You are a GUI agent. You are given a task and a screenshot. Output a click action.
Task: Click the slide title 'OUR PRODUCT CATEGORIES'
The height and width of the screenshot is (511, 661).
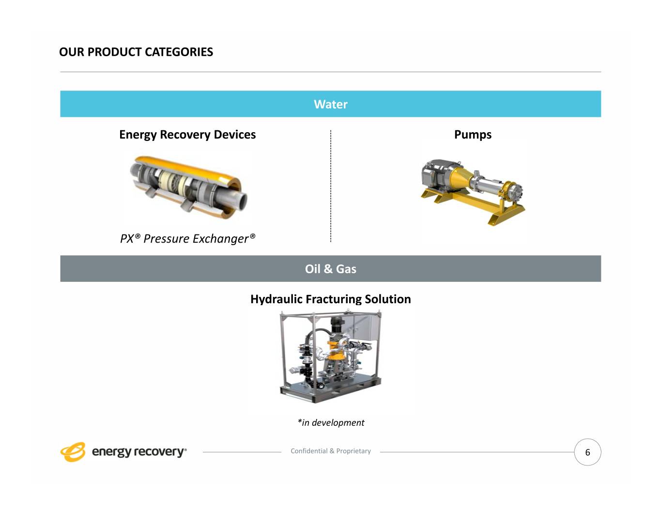coord(136,52)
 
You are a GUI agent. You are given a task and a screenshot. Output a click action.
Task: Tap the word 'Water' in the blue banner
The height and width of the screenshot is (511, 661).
coord(330,104)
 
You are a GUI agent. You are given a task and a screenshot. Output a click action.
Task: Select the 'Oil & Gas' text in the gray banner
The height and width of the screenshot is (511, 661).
coord(330,269)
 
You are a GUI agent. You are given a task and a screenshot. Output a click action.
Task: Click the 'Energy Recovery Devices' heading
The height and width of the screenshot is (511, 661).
coord(187,135)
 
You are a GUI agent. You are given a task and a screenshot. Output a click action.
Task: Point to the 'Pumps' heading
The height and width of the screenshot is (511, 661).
coord(473,135)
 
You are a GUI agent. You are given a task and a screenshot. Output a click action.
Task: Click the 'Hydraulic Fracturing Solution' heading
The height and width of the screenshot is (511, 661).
coord(330,299)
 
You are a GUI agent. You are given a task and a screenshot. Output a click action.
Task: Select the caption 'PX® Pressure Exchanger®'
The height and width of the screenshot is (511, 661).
coord(187,239)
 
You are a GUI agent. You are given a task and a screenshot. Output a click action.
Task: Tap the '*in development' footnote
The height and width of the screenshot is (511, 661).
coord(331,423)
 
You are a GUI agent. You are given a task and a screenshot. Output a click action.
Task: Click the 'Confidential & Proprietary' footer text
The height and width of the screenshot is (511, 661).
coord(330,451)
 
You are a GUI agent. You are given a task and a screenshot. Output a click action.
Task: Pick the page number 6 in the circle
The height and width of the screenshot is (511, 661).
coord(587,452)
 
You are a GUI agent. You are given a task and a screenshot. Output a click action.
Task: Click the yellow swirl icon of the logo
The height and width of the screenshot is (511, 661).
coord(73,452)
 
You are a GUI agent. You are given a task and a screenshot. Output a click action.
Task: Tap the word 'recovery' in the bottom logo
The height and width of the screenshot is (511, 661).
coord(159,452)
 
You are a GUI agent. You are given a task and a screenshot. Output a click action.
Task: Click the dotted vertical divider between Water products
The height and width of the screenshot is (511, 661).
coord(330,186)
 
